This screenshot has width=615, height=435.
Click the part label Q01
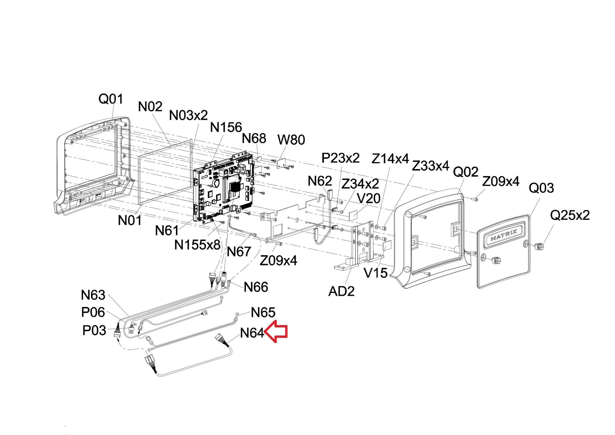point(111,99)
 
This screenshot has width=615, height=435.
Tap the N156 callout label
point(226,127)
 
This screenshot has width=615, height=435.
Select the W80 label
point(291,140)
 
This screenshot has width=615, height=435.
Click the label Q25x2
point(570,215)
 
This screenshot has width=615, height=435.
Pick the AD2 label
point(341,291)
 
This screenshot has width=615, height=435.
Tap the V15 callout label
point(375,273)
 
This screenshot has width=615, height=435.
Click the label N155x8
point(197,245)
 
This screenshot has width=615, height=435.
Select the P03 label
point(94,331)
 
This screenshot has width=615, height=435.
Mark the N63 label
point(93,295)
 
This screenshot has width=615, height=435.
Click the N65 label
point(263,313)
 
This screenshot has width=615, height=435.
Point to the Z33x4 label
point(430,166)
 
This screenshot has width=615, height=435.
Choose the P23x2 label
point(341,158)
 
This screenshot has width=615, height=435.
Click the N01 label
point(129,221)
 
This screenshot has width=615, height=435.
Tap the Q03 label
point(541,188)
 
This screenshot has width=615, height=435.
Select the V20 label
point(369,198)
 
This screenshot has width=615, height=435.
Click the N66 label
point(256,287)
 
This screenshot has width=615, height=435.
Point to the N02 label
point(150,107)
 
